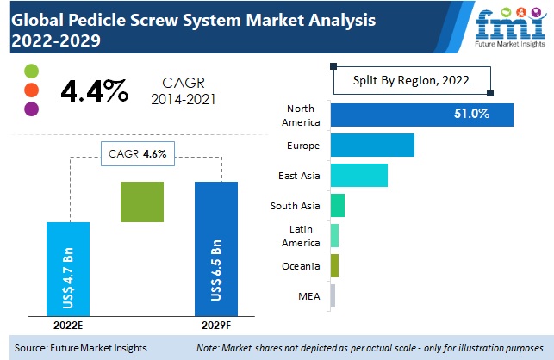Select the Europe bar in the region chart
[x=371, y=145]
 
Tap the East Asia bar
[x=358, y=175]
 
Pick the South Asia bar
[x=337, y=205]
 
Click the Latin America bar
[x=334, y=235]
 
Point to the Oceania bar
[x=334, y=265]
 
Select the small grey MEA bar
[x=333, y=295]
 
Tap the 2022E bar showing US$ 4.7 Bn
[x=67, y=269]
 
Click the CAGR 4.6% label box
[x=138, y=155]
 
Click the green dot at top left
[x=32, y=71]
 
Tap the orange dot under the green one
[x=32, y=90]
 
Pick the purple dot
[x=32, y=109]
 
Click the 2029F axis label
[x=216, y=326]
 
